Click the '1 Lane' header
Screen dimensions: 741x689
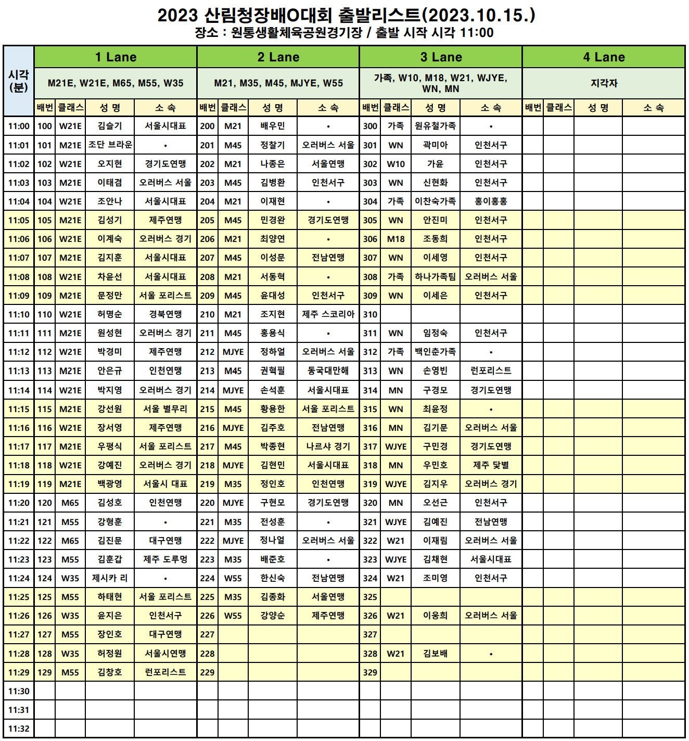pos(116,57)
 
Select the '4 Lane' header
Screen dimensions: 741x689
pos(604,57)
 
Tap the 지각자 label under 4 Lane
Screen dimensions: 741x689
pos(604,83)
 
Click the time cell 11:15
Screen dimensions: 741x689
pos(19,409)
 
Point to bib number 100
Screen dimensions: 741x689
pos(45,126)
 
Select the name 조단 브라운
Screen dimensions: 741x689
pos(110,145)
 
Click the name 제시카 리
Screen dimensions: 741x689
pos(110,578)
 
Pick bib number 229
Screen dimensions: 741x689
pos(207,672)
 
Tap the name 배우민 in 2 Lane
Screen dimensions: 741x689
pos(273,126)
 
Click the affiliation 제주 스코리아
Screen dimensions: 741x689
pos(328,314)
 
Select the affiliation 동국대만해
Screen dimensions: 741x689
pos(328,371)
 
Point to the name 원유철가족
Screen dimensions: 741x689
pos(436,126)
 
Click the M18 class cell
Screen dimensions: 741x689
pos(395,239)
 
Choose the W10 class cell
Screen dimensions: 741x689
pos(395,164)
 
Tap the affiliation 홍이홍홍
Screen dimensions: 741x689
pos(491,201)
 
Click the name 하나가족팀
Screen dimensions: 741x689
pos(436,277)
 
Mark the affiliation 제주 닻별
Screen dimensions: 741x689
pos(491,465)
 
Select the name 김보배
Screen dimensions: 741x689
pos(436,654)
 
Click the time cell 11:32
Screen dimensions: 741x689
pos(19,729)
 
